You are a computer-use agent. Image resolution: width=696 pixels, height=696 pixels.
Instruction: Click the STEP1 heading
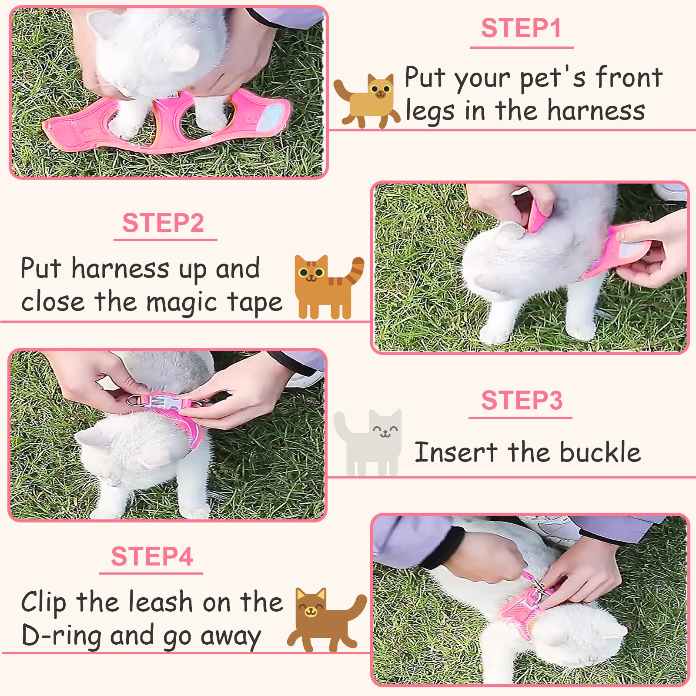(521, 29)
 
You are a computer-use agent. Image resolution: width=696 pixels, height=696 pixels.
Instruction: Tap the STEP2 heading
(163, 223)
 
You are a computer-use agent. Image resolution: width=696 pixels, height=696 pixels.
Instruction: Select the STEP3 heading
(522, 400)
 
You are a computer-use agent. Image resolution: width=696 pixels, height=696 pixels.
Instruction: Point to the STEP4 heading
(152, 556)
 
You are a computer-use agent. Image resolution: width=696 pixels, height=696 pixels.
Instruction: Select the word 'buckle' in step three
(600, 452)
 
